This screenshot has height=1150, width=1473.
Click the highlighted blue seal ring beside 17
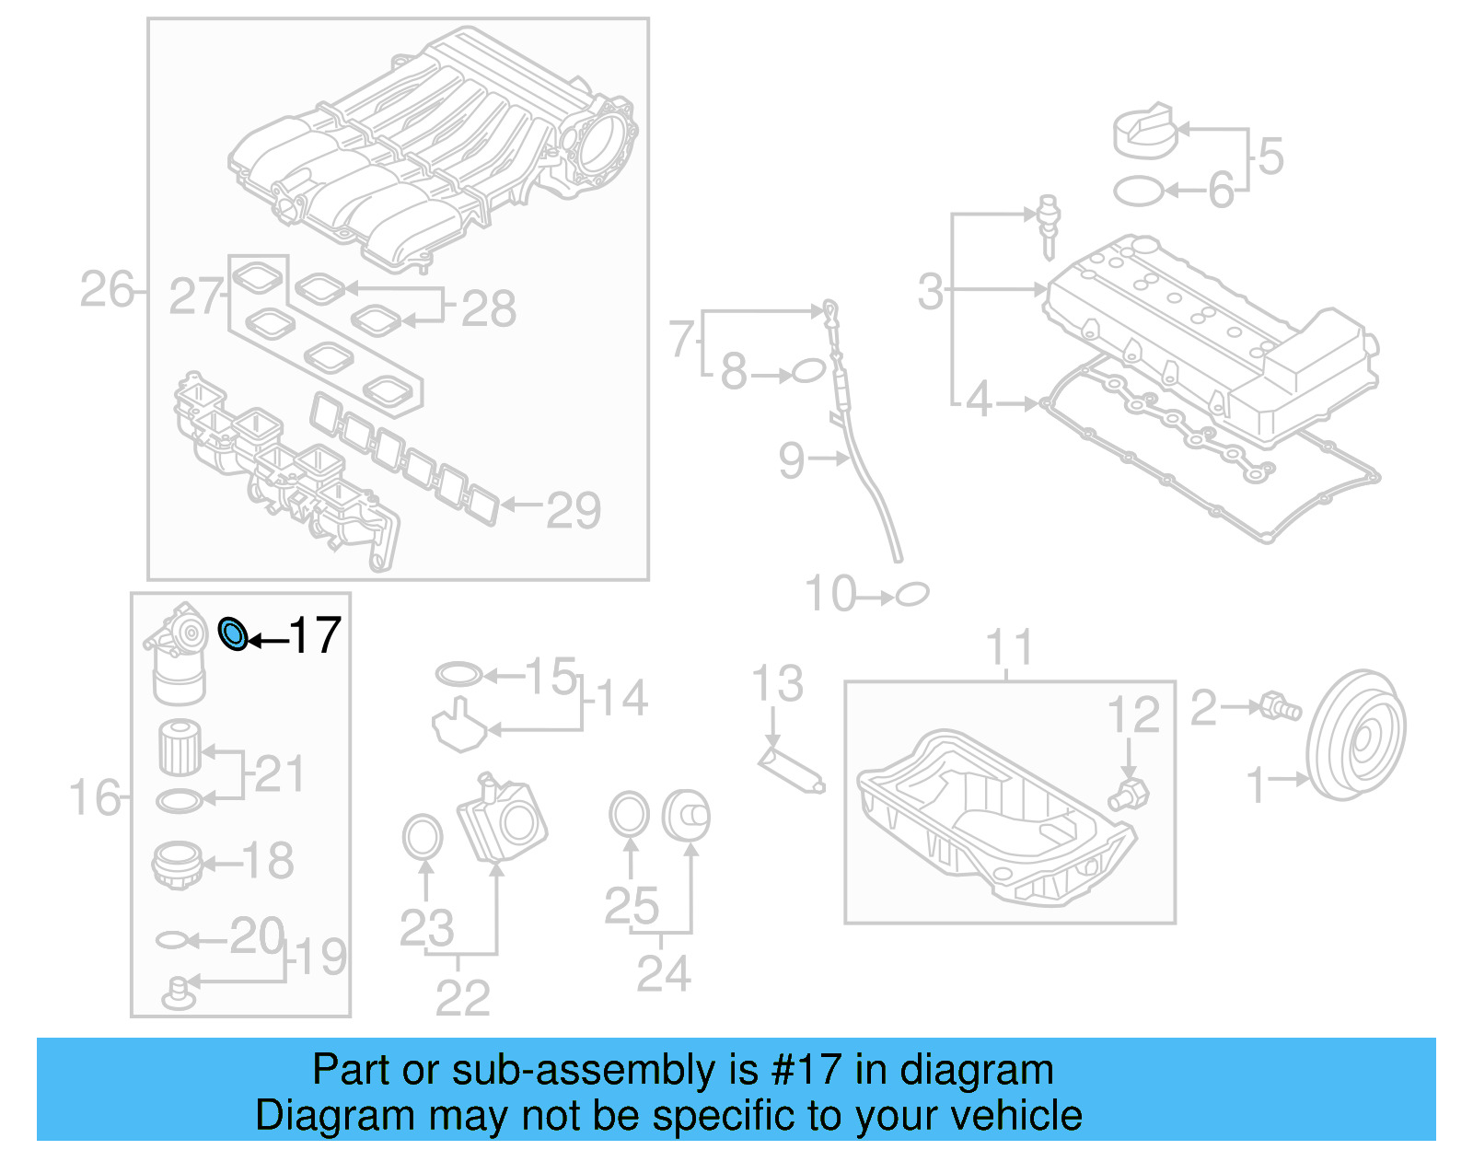(x=234, y=634)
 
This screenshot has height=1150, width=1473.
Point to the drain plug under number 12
(x=1130, y=794)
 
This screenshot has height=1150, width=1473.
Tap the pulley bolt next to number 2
(x=1280, y=707)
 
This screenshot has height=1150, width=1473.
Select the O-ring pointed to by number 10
(x=911, y=594)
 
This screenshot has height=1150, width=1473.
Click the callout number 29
(x=574, y=510)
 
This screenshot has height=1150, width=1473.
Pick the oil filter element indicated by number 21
(x=180, y=748)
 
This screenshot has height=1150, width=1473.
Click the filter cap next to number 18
(x=177, y=865)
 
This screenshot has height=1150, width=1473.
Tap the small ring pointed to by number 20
(x=172, y=940)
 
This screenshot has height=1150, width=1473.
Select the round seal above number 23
(x=423, y=837)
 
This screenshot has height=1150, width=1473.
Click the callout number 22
(x=462, y=998)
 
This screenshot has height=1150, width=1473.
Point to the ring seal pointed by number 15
(x=458, y=675)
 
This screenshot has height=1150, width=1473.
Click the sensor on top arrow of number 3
(x=1049, y=224)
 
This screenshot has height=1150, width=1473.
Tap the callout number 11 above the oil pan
(x=1009, y=647)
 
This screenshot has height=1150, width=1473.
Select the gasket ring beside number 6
(x=1139, y=191)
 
